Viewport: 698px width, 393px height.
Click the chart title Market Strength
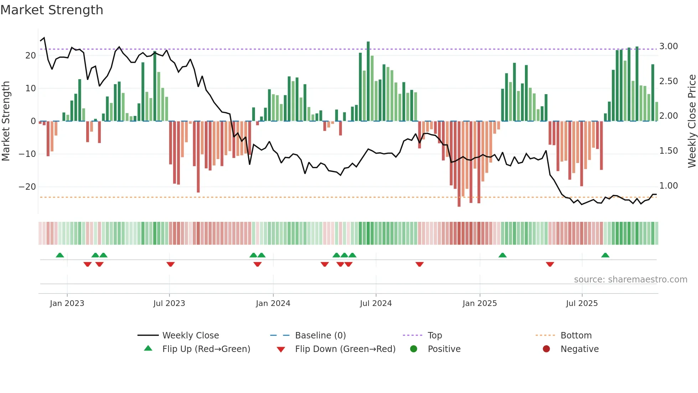tap(52, 10)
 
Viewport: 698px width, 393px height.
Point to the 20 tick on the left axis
tap(31, 56)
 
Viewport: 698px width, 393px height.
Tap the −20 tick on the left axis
tap(27, 187)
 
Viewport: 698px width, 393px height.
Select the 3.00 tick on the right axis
tap(668, 46)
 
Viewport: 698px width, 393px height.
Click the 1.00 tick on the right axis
tap(668, 186)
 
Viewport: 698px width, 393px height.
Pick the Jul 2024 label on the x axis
tap(376, 303)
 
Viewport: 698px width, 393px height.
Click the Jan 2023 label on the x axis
tap(67, 303)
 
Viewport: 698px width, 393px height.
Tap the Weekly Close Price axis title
tap(692, 121)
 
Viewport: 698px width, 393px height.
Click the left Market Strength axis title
tap(6, 121)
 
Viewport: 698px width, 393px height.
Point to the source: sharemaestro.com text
tap(630, 280)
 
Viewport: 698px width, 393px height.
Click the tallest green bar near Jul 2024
tap(368, 81)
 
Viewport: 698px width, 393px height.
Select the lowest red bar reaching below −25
tap(459, 164)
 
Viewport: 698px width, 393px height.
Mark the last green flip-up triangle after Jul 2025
tap(605, 255)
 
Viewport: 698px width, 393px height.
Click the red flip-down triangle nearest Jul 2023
tap(171, 264)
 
